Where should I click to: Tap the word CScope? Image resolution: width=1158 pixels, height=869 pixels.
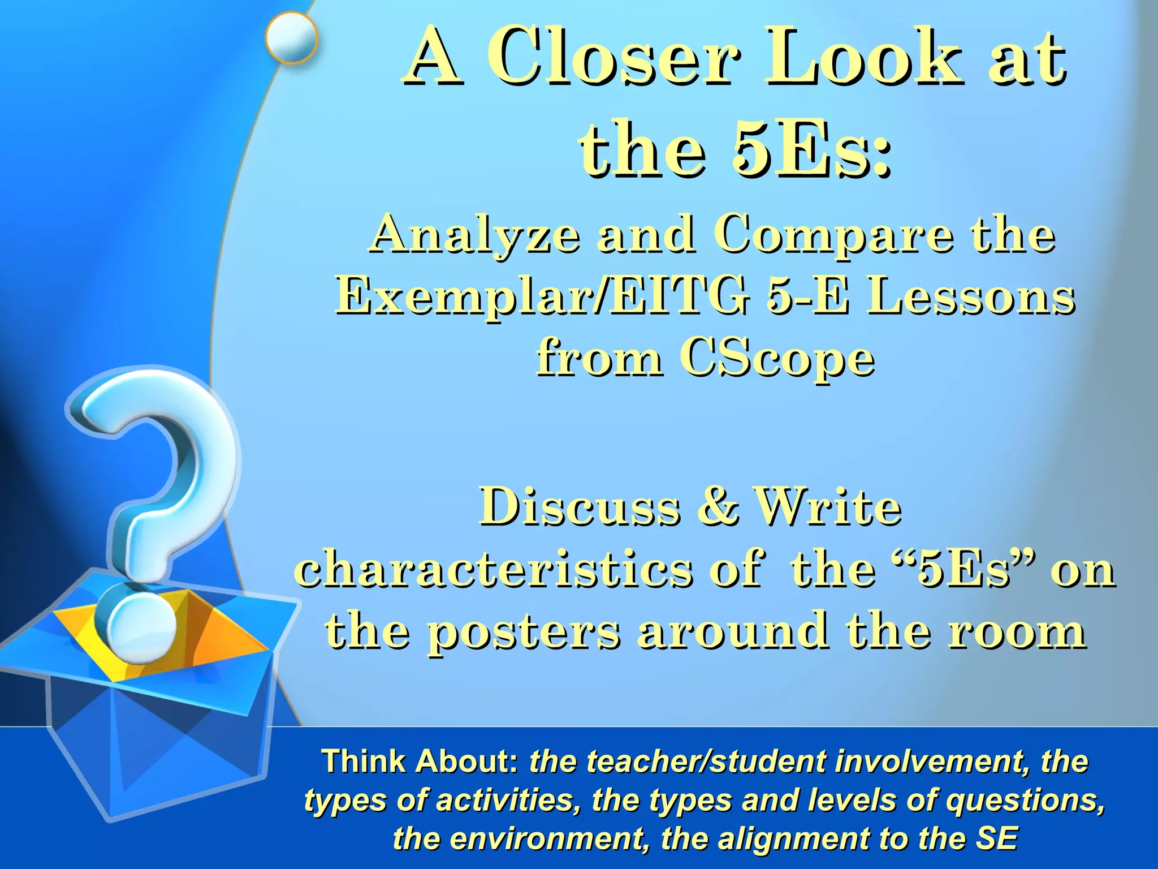tap(777, 359)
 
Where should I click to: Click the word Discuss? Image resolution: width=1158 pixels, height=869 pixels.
tap(579, 507)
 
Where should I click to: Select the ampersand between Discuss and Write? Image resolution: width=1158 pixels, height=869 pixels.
tap(718, 507)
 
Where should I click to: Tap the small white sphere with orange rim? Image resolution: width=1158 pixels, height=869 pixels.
tap(292, 37)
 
